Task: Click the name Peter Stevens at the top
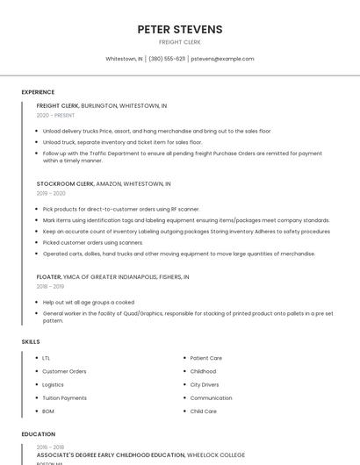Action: tap(179, 29)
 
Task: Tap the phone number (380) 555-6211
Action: tap(167, 59)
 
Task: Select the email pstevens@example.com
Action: tap(222, 59)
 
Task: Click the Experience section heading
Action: tap(38, 92)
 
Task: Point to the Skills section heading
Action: tap(31, 341)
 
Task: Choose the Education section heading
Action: tap(38, 434)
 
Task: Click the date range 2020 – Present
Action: tap(55, 115)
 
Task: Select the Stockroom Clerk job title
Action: tap(65, 184)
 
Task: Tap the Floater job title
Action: tap(49, 276)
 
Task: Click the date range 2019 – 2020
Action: tap(51, 193)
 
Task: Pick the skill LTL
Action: tap(46, 358)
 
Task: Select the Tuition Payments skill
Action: tap(64, 397)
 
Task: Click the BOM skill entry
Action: tap(48, 411)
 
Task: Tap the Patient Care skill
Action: tap(205, 358)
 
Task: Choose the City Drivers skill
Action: tap(205, 384)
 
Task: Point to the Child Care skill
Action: tap(203, 411)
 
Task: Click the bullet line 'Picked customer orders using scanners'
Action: tap(92, 242)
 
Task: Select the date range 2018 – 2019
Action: tap(50, 286)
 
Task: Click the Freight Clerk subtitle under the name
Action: tap(179, 42)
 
